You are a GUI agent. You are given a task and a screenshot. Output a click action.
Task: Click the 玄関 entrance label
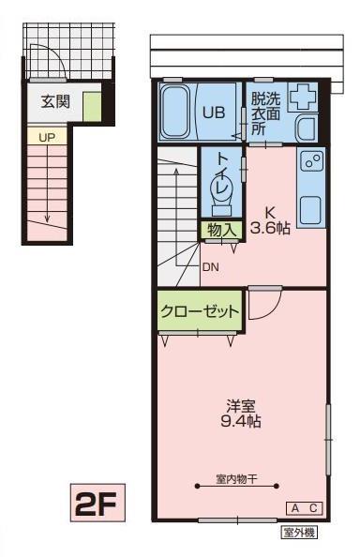54,101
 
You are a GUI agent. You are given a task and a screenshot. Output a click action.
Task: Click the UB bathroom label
214,111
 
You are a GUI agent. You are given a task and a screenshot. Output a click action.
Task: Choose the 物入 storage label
221,228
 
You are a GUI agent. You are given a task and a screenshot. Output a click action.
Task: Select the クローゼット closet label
199,310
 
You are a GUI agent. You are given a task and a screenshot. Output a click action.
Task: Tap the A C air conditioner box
305,507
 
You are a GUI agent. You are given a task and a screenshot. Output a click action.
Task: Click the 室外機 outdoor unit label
300,532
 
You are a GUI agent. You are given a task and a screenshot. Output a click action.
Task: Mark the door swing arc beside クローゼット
266,307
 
